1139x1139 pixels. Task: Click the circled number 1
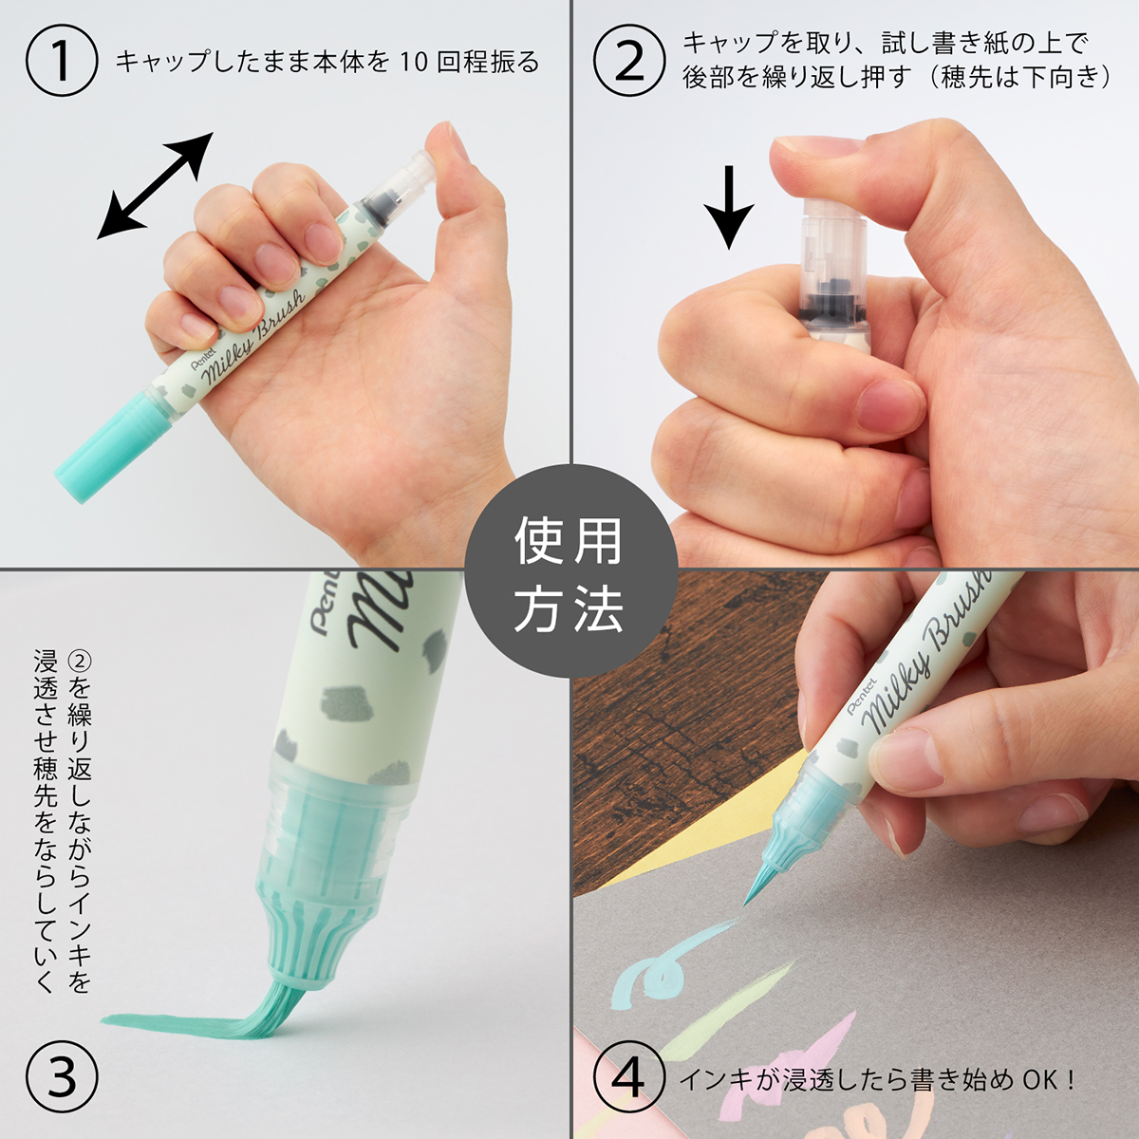pyautogui.click(x=62, y=61)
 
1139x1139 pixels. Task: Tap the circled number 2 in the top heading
pyautogui.click(x=629, y=61)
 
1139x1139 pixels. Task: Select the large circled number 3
pyautogui.click(x=62, y=1079)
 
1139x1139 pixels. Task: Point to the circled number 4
pyautogui.click(x=629, y=1079)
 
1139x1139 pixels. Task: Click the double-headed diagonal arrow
pyautogui.click(x=156, y=186)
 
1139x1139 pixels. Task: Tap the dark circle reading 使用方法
pyautogui.click(x=569, y=571)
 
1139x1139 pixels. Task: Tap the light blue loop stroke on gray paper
pyautogui.click(x=655, y=968)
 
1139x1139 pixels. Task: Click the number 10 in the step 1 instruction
pyautogui.click(x=414, y=63)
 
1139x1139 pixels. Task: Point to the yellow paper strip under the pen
pyautogui.click(x=721, y=835)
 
